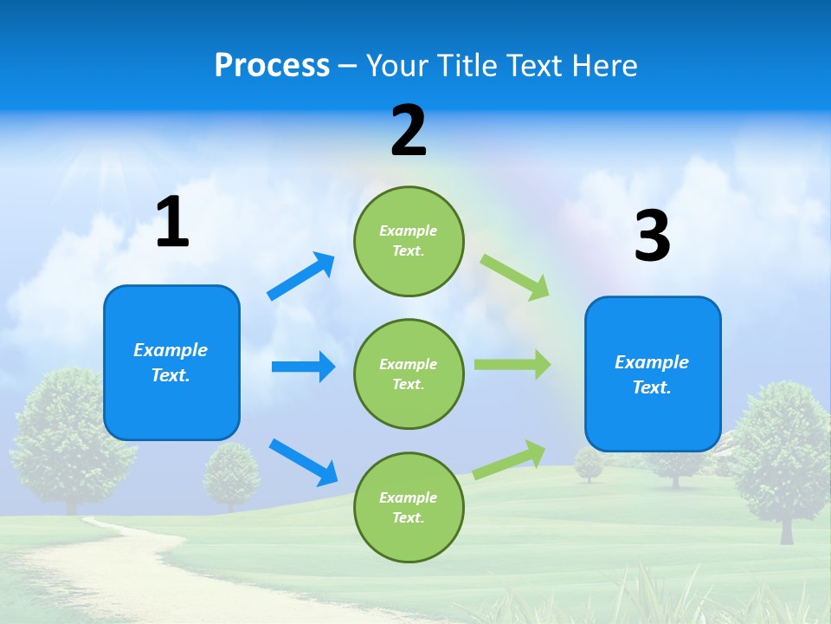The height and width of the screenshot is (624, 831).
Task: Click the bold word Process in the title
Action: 272,66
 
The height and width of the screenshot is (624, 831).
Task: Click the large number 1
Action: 172,223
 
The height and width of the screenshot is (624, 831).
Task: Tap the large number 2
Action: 409,132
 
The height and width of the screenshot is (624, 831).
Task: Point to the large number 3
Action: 652,237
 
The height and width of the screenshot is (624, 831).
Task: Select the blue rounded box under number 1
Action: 171,362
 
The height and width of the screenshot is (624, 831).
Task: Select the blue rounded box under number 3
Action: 653,374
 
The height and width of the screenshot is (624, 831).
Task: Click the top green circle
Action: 409,241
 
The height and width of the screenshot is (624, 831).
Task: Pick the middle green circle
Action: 409,374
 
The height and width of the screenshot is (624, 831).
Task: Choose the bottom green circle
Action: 409,507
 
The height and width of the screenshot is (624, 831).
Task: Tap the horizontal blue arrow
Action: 303,367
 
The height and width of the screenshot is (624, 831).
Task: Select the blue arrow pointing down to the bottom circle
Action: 303,461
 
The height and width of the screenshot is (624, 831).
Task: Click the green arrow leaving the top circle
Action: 515,276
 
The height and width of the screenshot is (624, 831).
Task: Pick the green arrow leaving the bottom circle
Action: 510,459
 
